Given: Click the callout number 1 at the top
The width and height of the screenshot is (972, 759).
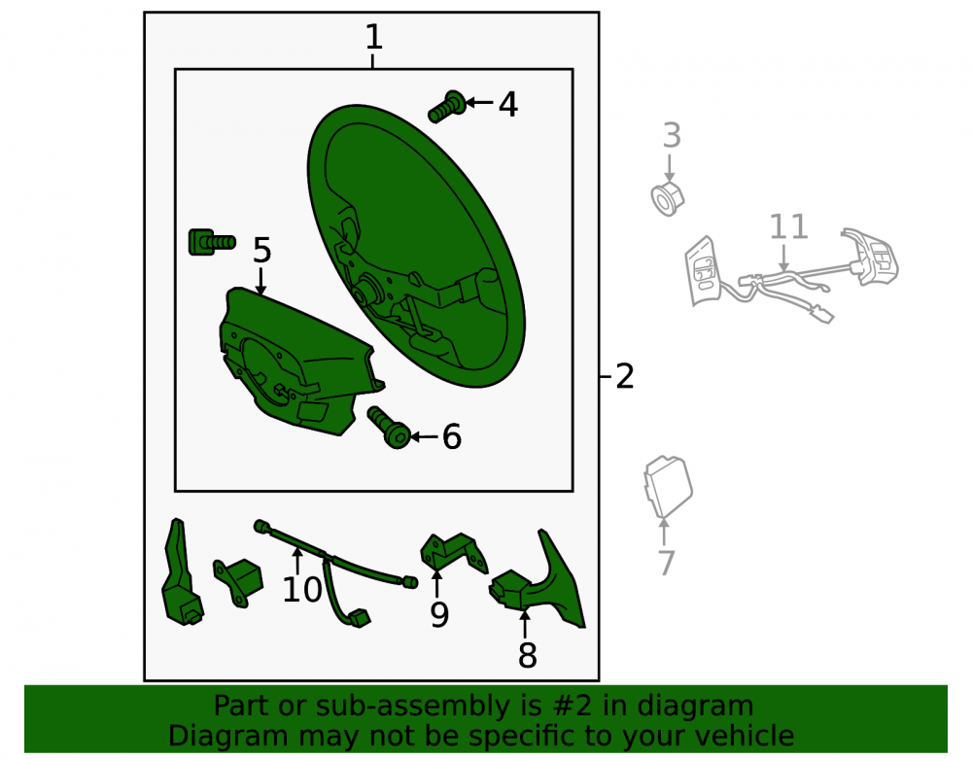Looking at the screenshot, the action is point(374,37).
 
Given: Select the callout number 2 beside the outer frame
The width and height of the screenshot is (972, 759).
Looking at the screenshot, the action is point(625,377).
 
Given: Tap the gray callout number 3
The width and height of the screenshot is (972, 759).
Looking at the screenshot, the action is point(672,135).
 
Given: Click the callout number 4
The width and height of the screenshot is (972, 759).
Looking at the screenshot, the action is point(508,104).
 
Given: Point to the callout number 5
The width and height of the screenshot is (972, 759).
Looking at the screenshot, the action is point(262,251).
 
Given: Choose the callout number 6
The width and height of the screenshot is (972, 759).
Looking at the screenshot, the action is point(452,436).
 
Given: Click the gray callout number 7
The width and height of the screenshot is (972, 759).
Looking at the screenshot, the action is point(666,563).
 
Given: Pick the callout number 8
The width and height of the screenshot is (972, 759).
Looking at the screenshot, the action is point(527,656).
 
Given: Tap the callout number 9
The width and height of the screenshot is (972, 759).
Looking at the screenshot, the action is point(439,614).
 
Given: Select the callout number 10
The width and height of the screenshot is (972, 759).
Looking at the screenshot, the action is point(302,589).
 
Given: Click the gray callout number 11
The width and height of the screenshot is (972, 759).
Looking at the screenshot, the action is point(788,226).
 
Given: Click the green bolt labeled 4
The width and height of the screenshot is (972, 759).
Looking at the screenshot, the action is point(447,107).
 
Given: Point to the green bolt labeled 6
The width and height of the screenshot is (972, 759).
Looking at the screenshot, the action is point(390,427).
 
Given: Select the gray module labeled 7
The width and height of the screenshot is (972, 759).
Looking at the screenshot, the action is point(668,486).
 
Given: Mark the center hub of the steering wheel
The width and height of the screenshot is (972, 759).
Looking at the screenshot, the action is point(365,290).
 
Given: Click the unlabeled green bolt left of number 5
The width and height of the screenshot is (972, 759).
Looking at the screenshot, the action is point(211,242).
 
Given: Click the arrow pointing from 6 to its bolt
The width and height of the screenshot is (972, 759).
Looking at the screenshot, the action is point(424,436).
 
